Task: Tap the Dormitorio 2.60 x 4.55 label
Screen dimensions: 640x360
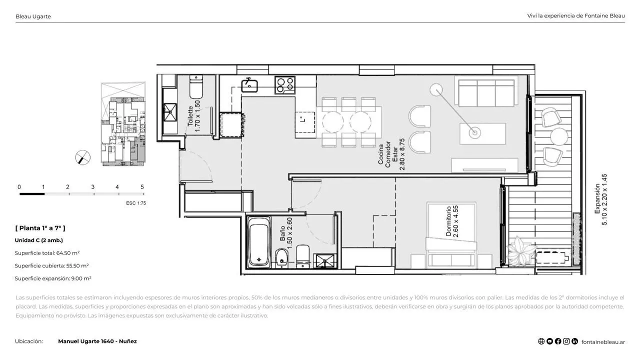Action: [452, 221]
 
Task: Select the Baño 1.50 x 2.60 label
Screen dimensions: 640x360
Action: [285, 233]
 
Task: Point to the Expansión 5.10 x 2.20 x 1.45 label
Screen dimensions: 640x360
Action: [600, 199]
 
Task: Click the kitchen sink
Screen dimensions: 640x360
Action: [249, 85]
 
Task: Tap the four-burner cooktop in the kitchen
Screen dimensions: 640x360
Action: [285, 85]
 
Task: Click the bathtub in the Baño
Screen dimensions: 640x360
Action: [258, 242]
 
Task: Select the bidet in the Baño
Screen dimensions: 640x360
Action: [281, 257]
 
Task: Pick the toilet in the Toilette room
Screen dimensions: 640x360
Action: [196, 86]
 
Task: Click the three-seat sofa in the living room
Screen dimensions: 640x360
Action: [486, 93]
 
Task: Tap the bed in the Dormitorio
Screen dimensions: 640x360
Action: [451, 235]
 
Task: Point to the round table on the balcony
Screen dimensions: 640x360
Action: [559, 136]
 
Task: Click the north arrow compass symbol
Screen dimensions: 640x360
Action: [83, 157]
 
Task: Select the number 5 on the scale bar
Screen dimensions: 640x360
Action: [142, 187]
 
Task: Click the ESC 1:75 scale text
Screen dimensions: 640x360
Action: [136, 203]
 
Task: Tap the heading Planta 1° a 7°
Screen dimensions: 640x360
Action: [40, 228]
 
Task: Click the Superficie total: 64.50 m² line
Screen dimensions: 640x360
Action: [47, 253]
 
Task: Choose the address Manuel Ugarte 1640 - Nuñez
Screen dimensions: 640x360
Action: [97, 341]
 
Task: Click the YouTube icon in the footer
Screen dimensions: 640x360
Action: [549, 341]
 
